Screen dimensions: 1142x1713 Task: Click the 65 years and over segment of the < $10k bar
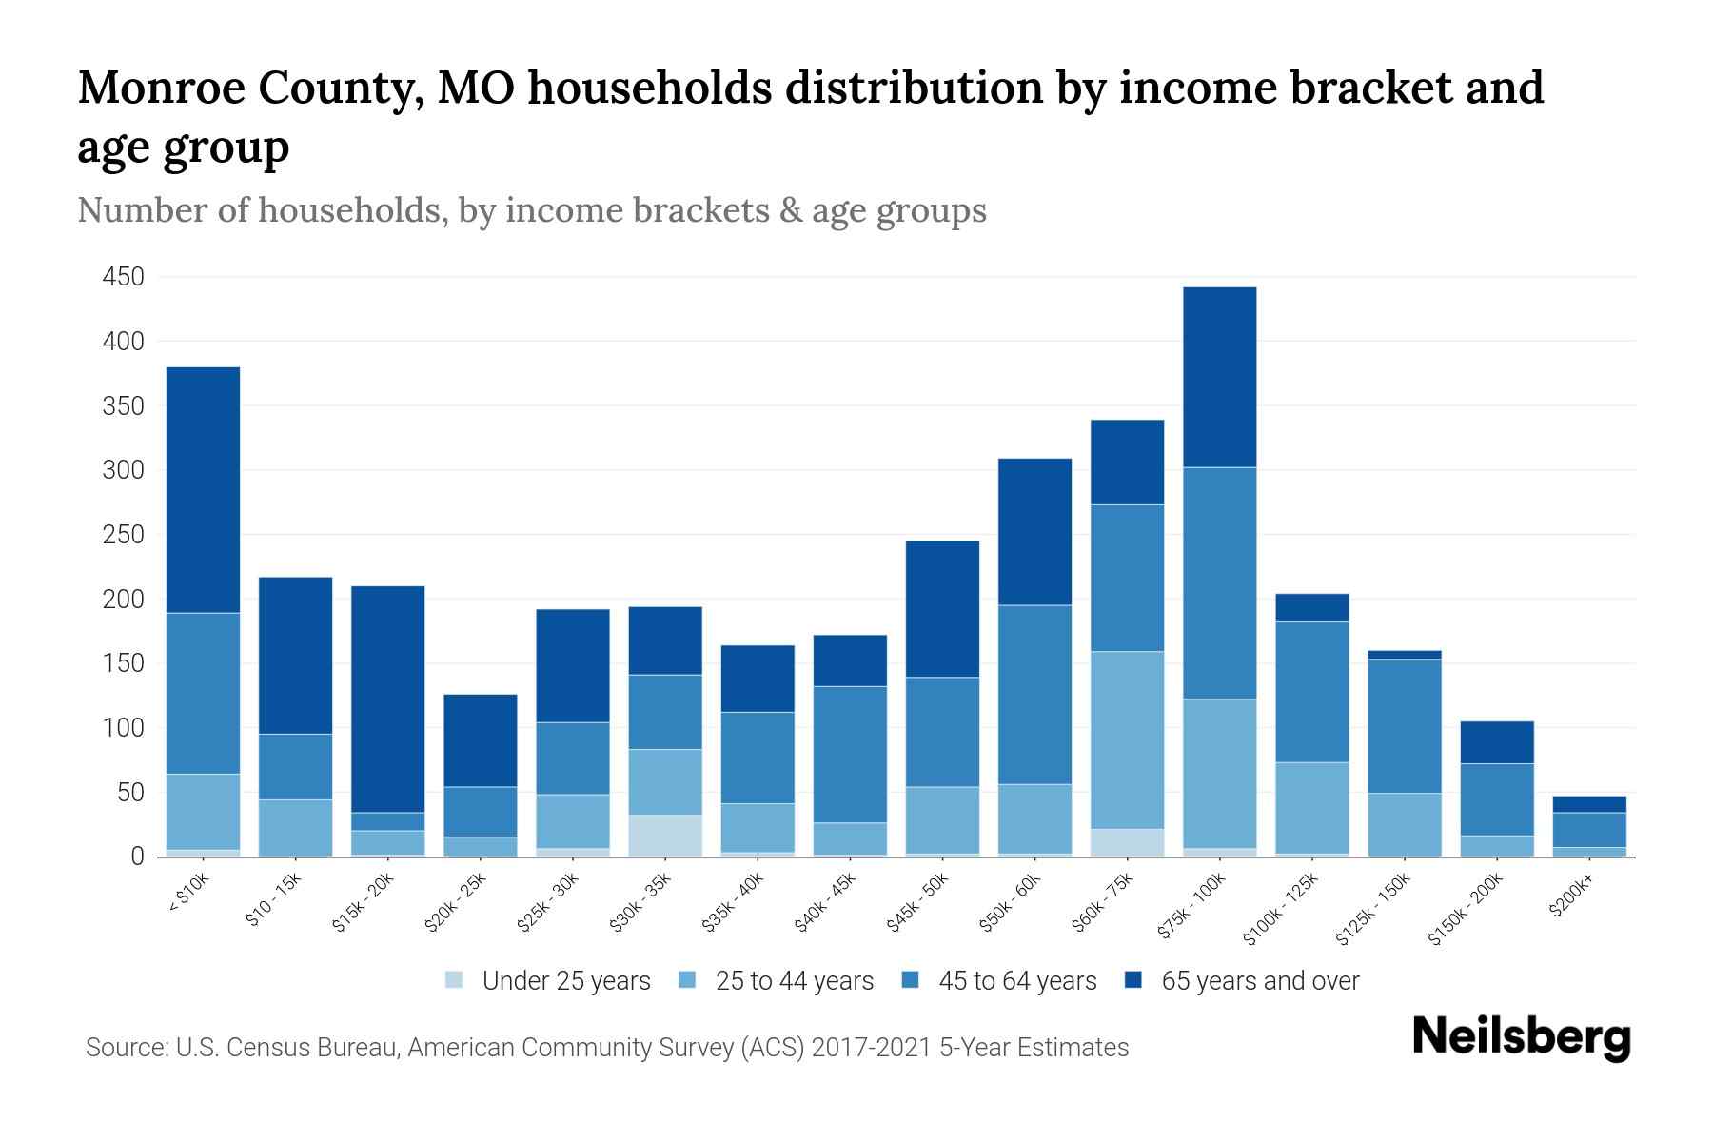(x=203, y=489)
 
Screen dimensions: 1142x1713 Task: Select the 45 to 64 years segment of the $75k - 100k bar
(x=1219, y=582)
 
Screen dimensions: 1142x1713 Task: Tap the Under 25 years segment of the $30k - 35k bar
(x=665, y=835)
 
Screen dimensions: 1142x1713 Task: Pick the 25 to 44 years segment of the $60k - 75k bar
(x=1127, y=739)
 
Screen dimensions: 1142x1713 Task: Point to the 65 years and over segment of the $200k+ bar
(x=1588, y=804)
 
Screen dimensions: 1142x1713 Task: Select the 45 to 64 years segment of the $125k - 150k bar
(x=1404, y=725)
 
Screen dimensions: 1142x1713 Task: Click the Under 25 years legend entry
(x=548, y=981)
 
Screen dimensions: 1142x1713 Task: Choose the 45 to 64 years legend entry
(x=999, y=981)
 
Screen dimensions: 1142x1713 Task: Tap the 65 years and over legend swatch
(x=1133, y=980)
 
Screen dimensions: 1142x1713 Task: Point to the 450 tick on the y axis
(x=124, y=277)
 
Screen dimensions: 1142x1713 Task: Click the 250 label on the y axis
(x=124, y=535)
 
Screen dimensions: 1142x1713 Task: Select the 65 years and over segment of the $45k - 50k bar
(x=942, y=608)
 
